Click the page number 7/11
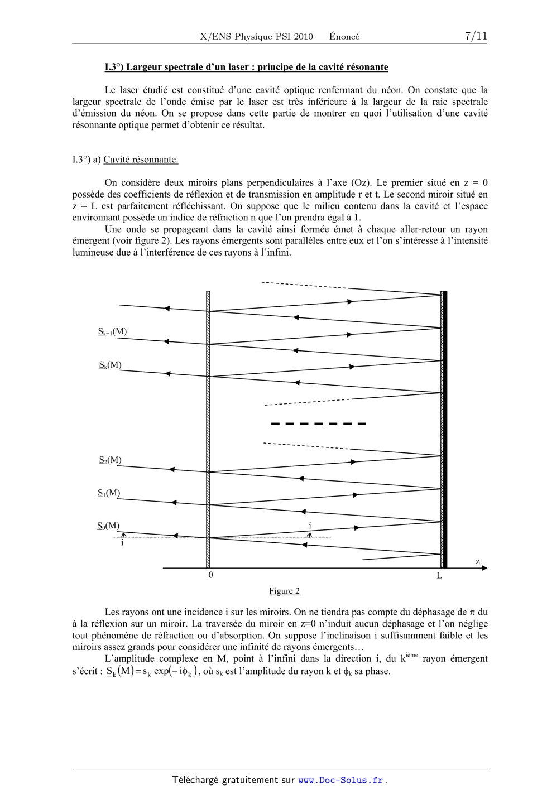pos(476,36)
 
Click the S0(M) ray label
pos(108,526)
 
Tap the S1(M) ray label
pos(109,493)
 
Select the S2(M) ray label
pos(110,460)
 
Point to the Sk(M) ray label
pos(110,365)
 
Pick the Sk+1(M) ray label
pos(112,331)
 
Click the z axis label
pos(478,561)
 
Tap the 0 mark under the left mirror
pos(210,575)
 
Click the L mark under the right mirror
pos(439,576)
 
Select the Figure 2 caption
pos(284,591)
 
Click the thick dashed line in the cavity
pos(318,424)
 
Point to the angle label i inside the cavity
pos(310,526)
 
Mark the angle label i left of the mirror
pos(122,543)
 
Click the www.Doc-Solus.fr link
pos(340,781)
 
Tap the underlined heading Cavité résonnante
pos(141,160)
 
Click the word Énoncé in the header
pos(344,37)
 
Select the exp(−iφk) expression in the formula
pos(176,671)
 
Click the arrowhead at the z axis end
pos(484,568)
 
